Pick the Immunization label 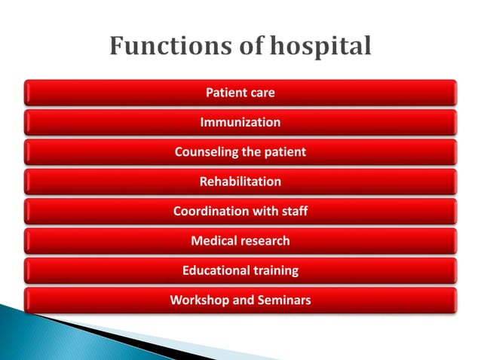tap(240, 122)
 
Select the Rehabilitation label tap(240, 182)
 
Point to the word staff tap(293, 211)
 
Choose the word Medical tap(214, 241)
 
